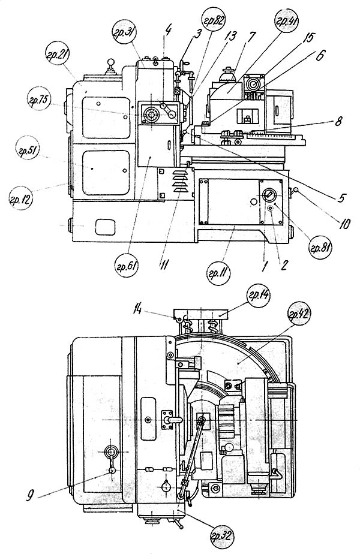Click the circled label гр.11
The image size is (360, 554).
click(x=218, y=273)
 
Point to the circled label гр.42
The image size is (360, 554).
click(x=299, y=314)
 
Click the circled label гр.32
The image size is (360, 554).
click(x=222, y=537)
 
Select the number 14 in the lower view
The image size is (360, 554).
click(x=138, y=310)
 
